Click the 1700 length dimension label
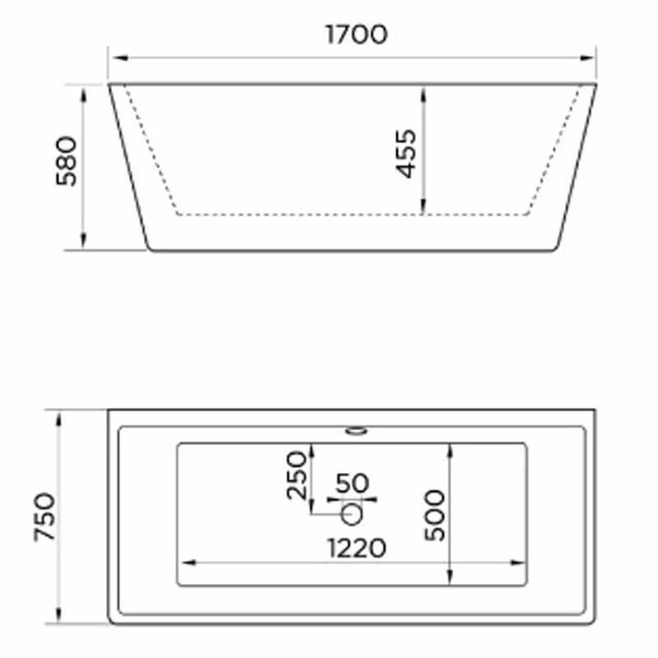(355, 35)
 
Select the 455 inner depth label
(405, 153)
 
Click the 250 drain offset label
(297, 475)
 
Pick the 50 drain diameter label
(352, 482)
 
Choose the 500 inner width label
(434, 515)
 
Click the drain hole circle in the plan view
(352, 513)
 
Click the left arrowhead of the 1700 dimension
(115, 58)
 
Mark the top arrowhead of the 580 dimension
(83, 90)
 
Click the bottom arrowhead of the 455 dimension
(423, 209)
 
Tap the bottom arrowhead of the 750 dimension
(59, 616)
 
